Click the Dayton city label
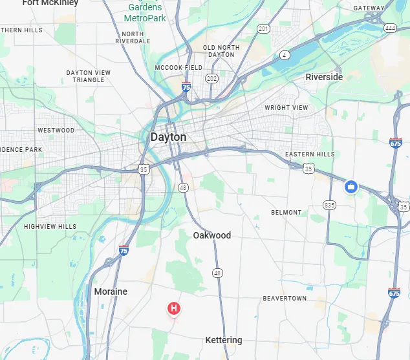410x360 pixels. pos(168,137)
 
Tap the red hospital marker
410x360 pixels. pos(173,308)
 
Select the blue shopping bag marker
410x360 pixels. pos(351,187)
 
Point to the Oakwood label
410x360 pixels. pos(211,235)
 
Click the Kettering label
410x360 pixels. pos(224,340)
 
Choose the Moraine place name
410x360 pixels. pos(111,291)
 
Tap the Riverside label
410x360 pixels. pos(324,77)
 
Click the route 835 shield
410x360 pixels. pos(330,205)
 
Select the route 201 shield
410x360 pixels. pos(263,28)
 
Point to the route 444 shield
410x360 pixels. pos(389,28)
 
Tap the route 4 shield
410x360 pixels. pos(285,55)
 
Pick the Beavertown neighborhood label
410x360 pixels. pos(285,298)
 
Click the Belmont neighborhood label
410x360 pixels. pos(286,212)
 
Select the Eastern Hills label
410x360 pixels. pos(310,154)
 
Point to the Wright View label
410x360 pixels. pos(286,108)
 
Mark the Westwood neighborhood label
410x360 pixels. pos(56,130)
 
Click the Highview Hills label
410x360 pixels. pos(50,227)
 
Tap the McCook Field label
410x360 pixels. pos(178,68)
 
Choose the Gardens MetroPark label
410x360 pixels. pos(145,13)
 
